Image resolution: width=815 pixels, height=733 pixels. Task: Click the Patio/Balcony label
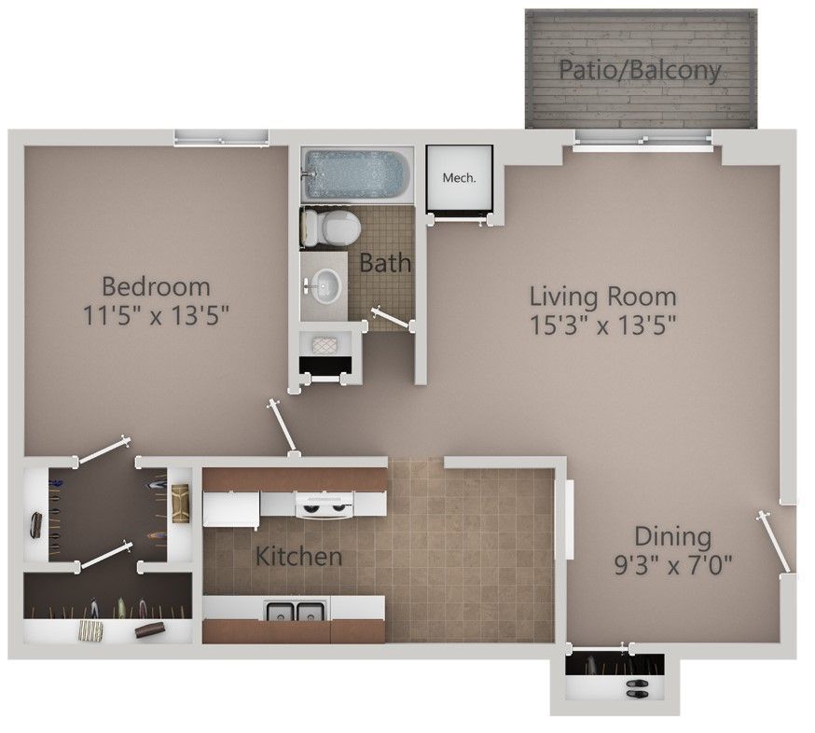point(640,71)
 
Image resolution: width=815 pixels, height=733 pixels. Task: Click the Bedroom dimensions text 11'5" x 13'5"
point(156,314)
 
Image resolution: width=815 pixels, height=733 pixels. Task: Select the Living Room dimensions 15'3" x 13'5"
point(602,325)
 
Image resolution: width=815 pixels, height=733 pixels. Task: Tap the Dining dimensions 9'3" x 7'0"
point(672,564)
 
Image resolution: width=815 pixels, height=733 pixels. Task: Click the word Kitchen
point(298,558)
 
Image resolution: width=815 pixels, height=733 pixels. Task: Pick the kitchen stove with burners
point(324,505)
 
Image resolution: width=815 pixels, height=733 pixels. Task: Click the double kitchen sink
point(296,612)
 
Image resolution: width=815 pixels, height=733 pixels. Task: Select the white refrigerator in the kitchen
point(230,509)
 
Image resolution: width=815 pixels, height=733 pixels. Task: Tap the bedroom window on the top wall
point(222,139)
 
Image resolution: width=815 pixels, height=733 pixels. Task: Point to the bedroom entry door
point(282,426)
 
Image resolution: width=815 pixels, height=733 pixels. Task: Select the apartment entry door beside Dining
point(776,541)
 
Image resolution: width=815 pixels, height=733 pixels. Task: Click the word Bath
point(385,263)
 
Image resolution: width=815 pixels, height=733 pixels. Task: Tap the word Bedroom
point(156,285)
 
